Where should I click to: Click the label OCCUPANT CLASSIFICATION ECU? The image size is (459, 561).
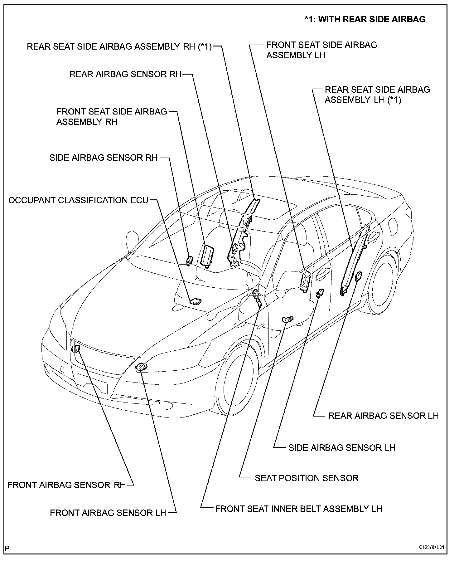click(78, 200)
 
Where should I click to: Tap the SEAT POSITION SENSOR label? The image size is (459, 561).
click(307, 478)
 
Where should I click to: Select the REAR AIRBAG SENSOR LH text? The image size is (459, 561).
click(383, 416)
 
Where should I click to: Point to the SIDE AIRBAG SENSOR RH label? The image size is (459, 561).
click(103, 158)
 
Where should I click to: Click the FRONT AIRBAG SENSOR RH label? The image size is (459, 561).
click(66, 485)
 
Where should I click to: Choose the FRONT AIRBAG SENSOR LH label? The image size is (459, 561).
click(108, 513)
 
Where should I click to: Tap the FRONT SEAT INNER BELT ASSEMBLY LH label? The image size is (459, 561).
click(298, 509)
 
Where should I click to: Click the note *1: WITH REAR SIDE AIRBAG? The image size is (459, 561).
click(365, 19)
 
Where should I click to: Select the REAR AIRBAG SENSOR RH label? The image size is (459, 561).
click(125, 74)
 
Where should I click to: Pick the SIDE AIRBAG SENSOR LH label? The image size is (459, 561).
click(342, 448)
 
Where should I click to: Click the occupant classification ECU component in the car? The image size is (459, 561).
click(196, 301)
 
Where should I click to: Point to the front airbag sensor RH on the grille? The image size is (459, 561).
click(77, 349)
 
